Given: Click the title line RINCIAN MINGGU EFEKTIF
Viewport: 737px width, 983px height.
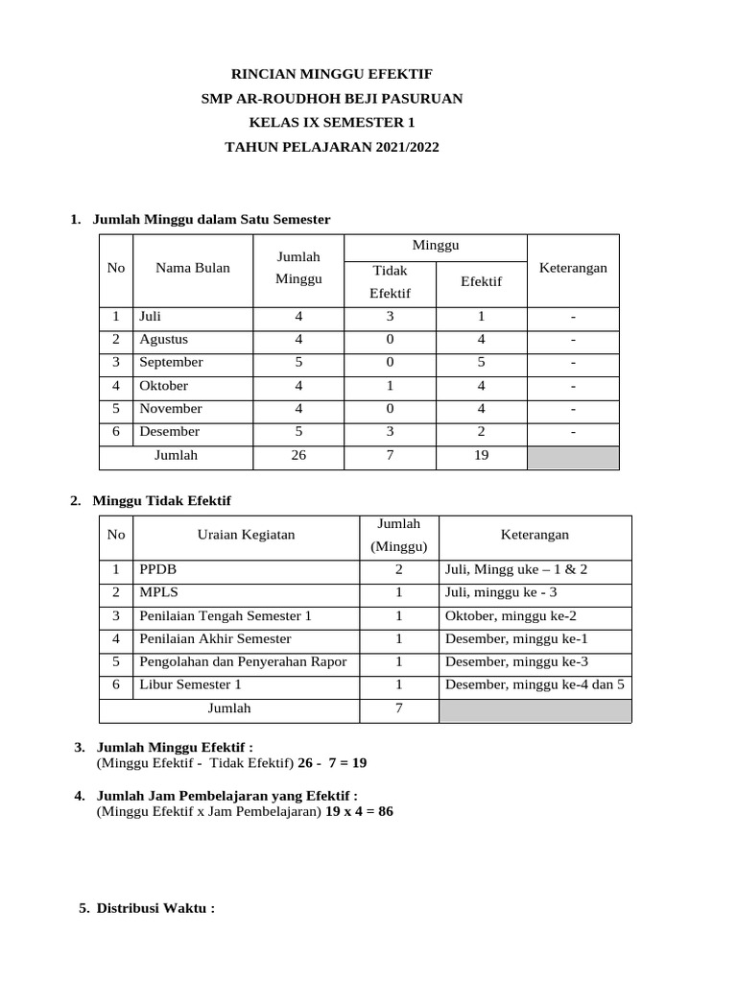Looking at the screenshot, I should (331, 73).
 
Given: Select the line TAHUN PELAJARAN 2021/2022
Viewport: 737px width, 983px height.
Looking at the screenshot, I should (331, 148).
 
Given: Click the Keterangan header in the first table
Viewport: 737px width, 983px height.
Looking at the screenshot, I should (573, 268).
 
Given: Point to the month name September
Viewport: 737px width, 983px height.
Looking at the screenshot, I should (171, 362).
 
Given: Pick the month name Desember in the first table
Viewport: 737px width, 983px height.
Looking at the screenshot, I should (170, 432).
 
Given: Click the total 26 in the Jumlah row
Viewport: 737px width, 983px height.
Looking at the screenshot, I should (298, 456).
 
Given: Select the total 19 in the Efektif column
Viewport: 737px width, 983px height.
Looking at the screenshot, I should (481, 456).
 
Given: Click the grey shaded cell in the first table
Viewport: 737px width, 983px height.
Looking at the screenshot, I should (573, 457).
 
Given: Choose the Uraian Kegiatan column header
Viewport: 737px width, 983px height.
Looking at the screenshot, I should (246, 535).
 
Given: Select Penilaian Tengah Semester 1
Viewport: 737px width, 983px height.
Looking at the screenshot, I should (226, 615).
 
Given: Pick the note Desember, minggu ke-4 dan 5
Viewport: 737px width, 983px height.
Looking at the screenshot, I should (535, 684).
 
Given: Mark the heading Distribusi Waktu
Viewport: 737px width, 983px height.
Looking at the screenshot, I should (155, 908).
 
